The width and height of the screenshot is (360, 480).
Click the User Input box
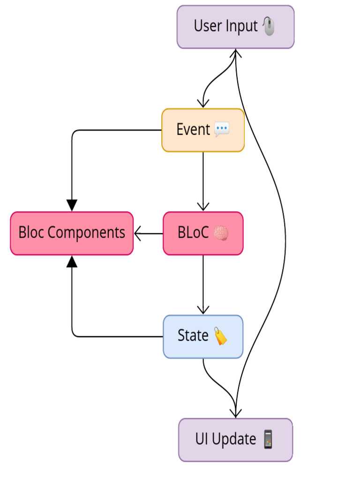235,27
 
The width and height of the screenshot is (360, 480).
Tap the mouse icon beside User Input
269,26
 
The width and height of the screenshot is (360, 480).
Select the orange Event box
203,130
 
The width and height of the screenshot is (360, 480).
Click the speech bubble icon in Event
222,130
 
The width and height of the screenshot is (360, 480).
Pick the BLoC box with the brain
203,233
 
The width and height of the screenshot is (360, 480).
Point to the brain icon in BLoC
221,233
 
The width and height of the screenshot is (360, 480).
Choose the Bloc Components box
72,233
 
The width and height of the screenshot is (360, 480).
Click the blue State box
203,336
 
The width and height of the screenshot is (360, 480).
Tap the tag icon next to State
220,336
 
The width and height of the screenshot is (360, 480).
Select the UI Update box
235,440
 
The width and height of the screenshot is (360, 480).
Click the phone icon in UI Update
268,440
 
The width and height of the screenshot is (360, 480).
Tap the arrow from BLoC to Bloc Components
148,233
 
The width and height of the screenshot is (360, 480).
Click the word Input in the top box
241,26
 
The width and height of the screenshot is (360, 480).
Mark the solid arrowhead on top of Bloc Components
72,205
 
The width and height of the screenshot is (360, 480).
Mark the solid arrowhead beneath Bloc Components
72,262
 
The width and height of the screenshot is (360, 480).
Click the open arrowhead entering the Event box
203,103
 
